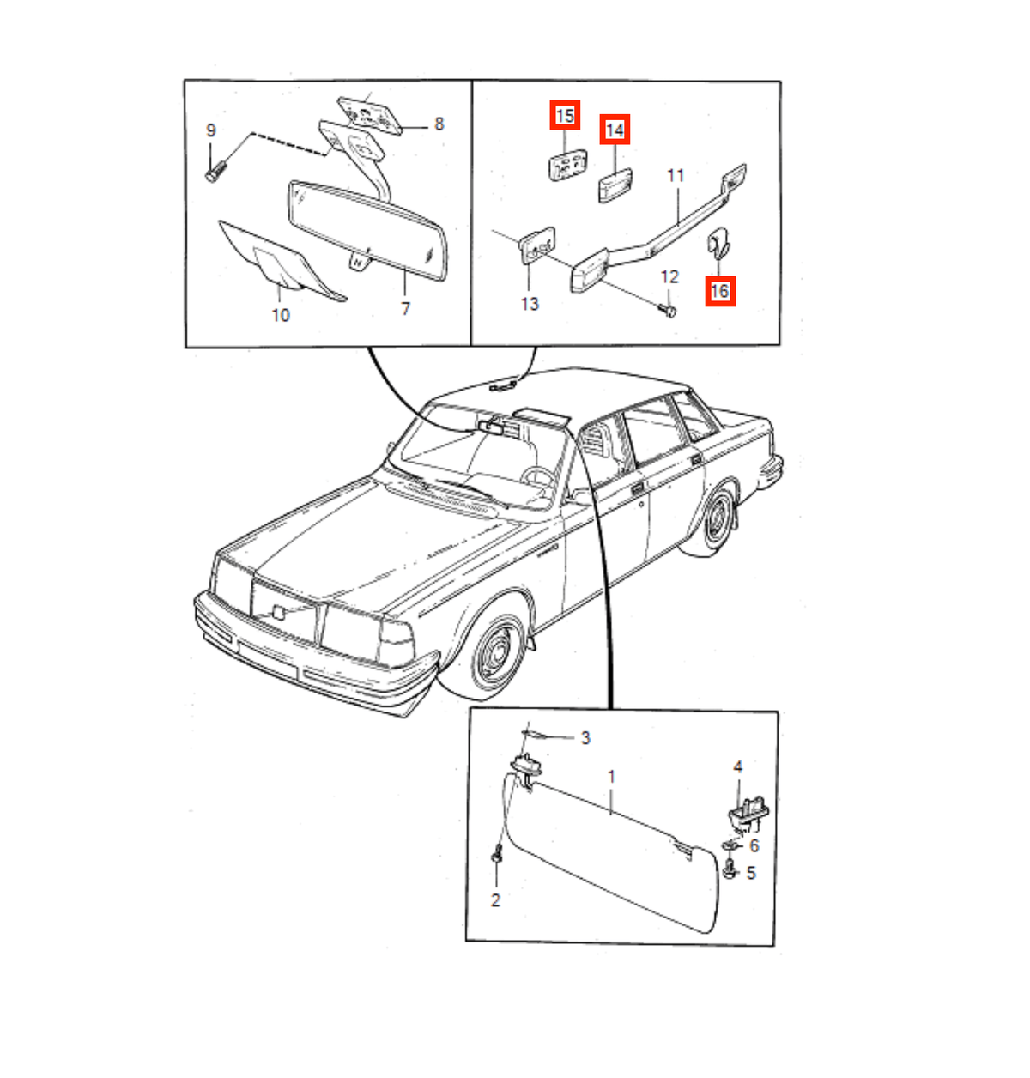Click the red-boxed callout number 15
(565, 116)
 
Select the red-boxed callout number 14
(615, 130)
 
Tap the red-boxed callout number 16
(720, 291)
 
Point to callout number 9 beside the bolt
(210, 130)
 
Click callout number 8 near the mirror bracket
(439, 124)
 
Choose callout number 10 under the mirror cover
(281, 315)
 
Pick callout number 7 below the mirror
(406, 309)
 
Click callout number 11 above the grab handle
(676, 176)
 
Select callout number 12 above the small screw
(669, 276)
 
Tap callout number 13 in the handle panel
(530, 304)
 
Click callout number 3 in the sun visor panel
(585, 738)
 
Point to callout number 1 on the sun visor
(611, 777)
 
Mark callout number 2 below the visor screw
(495, 900)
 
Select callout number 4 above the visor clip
(737, 766)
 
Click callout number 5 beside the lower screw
(751, 873)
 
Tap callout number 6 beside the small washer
(754, 846)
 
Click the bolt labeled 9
(216, 171)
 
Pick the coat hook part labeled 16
(719, 243)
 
